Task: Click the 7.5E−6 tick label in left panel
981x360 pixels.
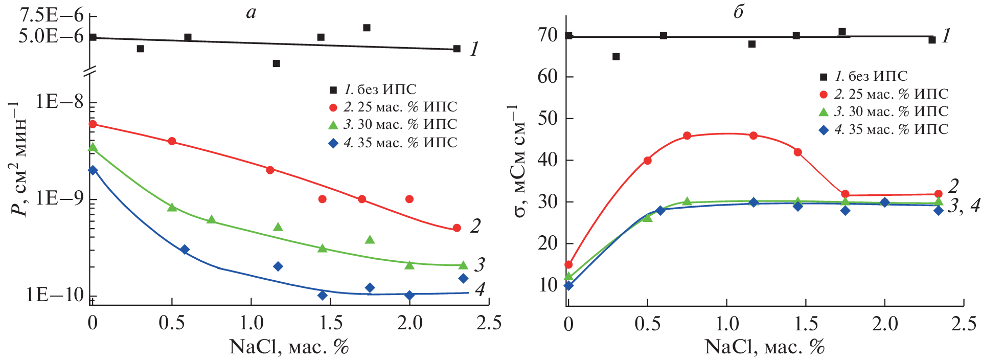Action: (51, 15)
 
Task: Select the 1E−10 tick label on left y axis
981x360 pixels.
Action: (55, 295)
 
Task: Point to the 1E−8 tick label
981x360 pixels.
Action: (59, 102)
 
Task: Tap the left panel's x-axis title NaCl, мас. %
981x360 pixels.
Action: (289, 347)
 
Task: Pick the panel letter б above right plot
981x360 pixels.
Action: (738, 11)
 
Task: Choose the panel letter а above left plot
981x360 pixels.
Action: (250, 12)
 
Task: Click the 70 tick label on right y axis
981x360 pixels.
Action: (547, 35)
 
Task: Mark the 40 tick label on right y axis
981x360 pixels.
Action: (547, 160)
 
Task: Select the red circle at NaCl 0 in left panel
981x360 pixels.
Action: (93, 124)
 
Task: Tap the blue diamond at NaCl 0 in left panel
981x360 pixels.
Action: (93, 170)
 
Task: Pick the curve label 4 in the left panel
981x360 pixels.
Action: (480, 289)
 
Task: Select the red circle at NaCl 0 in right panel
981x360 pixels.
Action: (568, 265)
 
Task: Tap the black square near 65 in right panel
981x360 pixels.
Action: (616, 56)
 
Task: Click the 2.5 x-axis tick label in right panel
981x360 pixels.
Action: (964, 324)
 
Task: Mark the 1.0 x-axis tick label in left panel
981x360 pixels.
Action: (252, 324)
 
